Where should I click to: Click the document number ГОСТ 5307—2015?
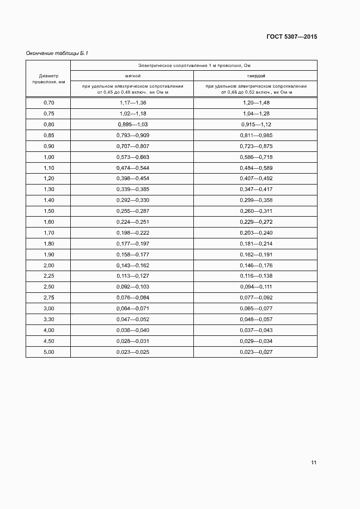pyautogui.click(x=291, y=37)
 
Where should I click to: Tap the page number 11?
pyautogui.click(x=314, y=463)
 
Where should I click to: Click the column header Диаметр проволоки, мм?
pyautogui.click(x=48, y=78)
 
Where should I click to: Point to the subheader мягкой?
pyautogui.click(x=133, y=76)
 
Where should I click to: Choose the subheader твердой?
pyautogui.click(x=255, y=76)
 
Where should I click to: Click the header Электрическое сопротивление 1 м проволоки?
pyautogui.click(x=194, y=65)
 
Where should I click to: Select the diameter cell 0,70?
pyautogui.click(x=48, y=103)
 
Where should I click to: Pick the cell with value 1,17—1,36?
pyautogui.click(x=133, y=103)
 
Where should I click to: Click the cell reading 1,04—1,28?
pyautogui.click(x=255, y=114)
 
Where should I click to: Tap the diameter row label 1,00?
pyautogui.click(x=48, y=157)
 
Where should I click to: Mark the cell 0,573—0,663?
pyautogui.click(x=133, y=157)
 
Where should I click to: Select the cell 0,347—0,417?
pyautogui.click(x=255, y=189)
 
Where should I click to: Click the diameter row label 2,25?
pyautogui.click(x=48, y=276)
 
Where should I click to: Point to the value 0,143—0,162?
pyautogui.click(x=133, y=265)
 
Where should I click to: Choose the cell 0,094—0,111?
pyautogui.click(x=255, y=287)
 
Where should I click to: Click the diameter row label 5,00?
pyautogui.click(x=48, y=352)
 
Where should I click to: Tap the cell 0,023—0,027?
pyautogui.click(x=255, y=352)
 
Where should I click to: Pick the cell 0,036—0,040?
pyautogui.click(x=133, y=330)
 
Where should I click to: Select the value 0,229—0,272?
pyautogui.click(x=255, y=222)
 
